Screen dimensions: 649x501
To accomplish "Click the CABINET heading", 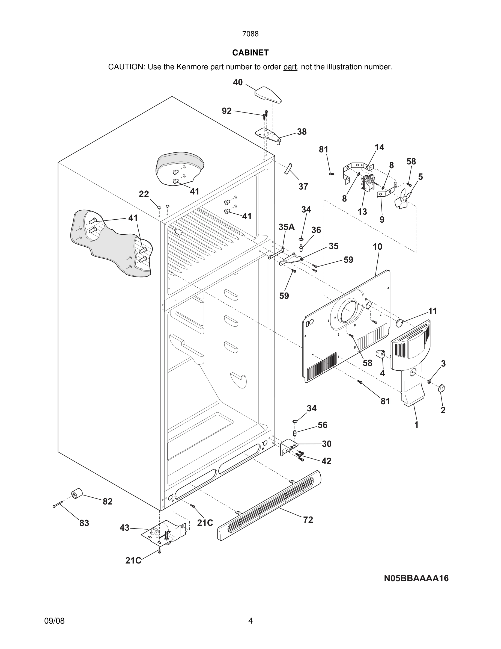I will click(250, 53).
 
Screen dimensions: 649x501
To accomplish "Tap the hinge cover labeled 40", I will click(268, 95).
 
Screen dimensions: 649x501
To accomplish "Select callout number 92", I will click(226, 111).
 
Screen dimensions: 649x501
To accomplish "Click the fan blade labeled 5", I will click(403, 199).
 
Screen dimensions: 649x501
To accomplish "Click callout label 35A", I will click(287, 227).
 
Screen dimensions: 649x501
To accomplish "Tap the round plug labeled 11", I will click(400, 323).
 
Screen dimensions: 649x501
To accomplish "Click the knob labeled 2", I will click(442, 388).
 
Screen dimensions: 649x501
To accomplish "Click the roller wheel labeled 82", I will click(77, 494).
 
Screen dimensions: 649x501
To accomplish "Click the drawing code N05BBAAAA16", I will click(416, 578).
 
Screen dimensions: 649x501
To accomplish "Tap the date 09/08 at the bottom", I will click(54, 621).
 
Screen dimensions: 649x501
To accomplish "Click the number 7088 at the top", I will click(250, 34).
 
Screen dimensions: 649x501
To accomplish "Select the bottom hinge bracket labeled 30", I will click(287, 447).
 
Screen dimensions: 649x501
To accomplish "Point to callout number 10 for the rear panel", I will click(377, 247).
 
